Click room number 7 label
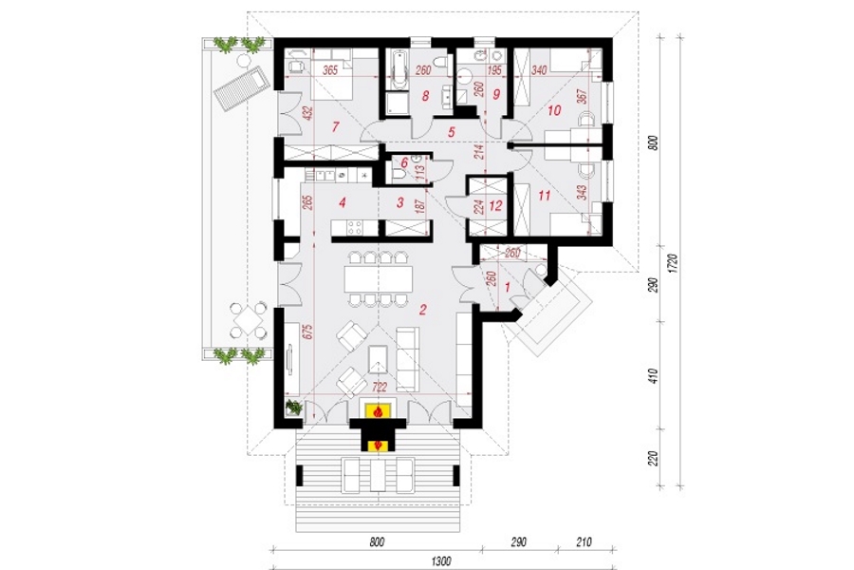pos(336,127)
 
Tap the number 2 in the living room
pos(422,311)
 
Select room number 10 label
pos(554,111)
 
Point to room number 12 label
pos(495,206)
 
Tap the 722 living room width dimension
pos(380,387)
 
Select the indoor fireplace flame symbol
pos(377,410)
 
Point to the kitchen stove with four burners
pos(355,227)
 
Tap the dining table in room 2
pos(379,278)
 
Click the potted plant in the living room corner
pos(293,407)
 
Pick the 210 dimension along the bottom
pos(583,541)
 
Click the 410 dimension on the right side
pos(654,376)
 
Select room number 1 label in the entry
pos(508,286)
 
